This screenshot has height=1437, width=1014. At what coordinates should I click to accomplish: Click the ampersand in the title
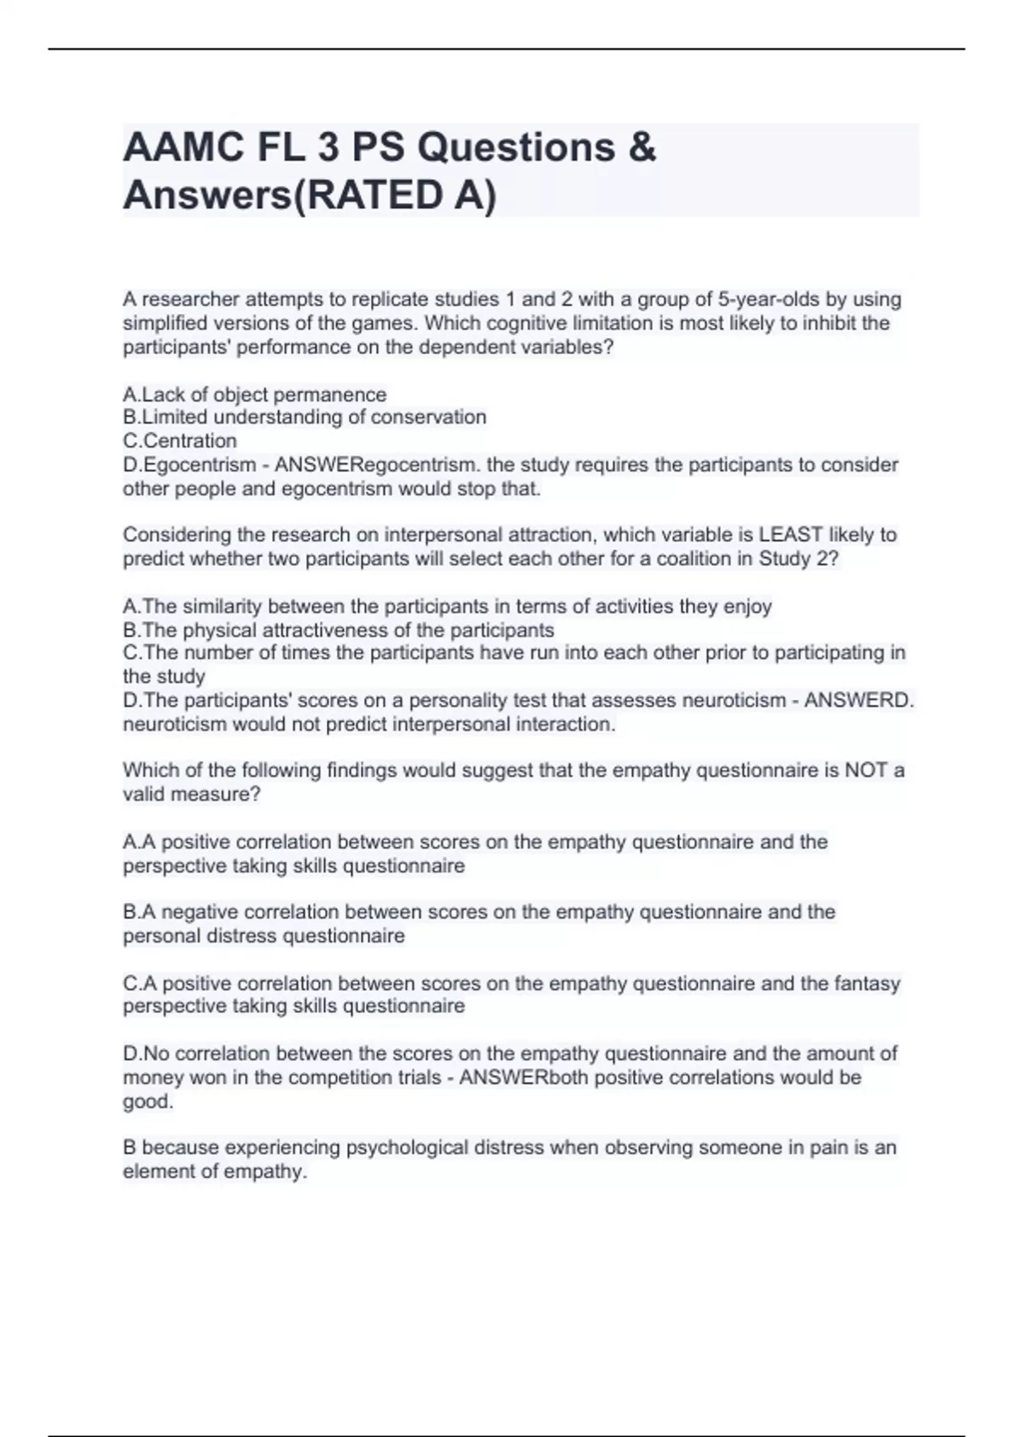(x=642, y=148)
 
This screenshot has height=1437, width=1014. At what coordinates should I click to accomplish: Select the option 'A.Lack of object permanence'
(x=254, y=395)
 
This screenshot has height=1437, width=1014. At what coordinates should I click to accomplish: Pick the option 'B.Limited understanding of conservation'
(x=304, y=418)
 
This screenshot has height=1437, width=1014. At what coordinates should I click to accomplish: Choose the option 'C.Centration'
(x=180, y=441)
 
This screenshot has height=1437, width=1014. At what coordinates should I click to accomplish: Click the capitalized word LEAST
(x=791, y=535)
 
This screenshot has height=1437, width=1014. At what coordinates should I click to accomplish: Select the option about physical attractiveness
(x=338, y=631)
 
